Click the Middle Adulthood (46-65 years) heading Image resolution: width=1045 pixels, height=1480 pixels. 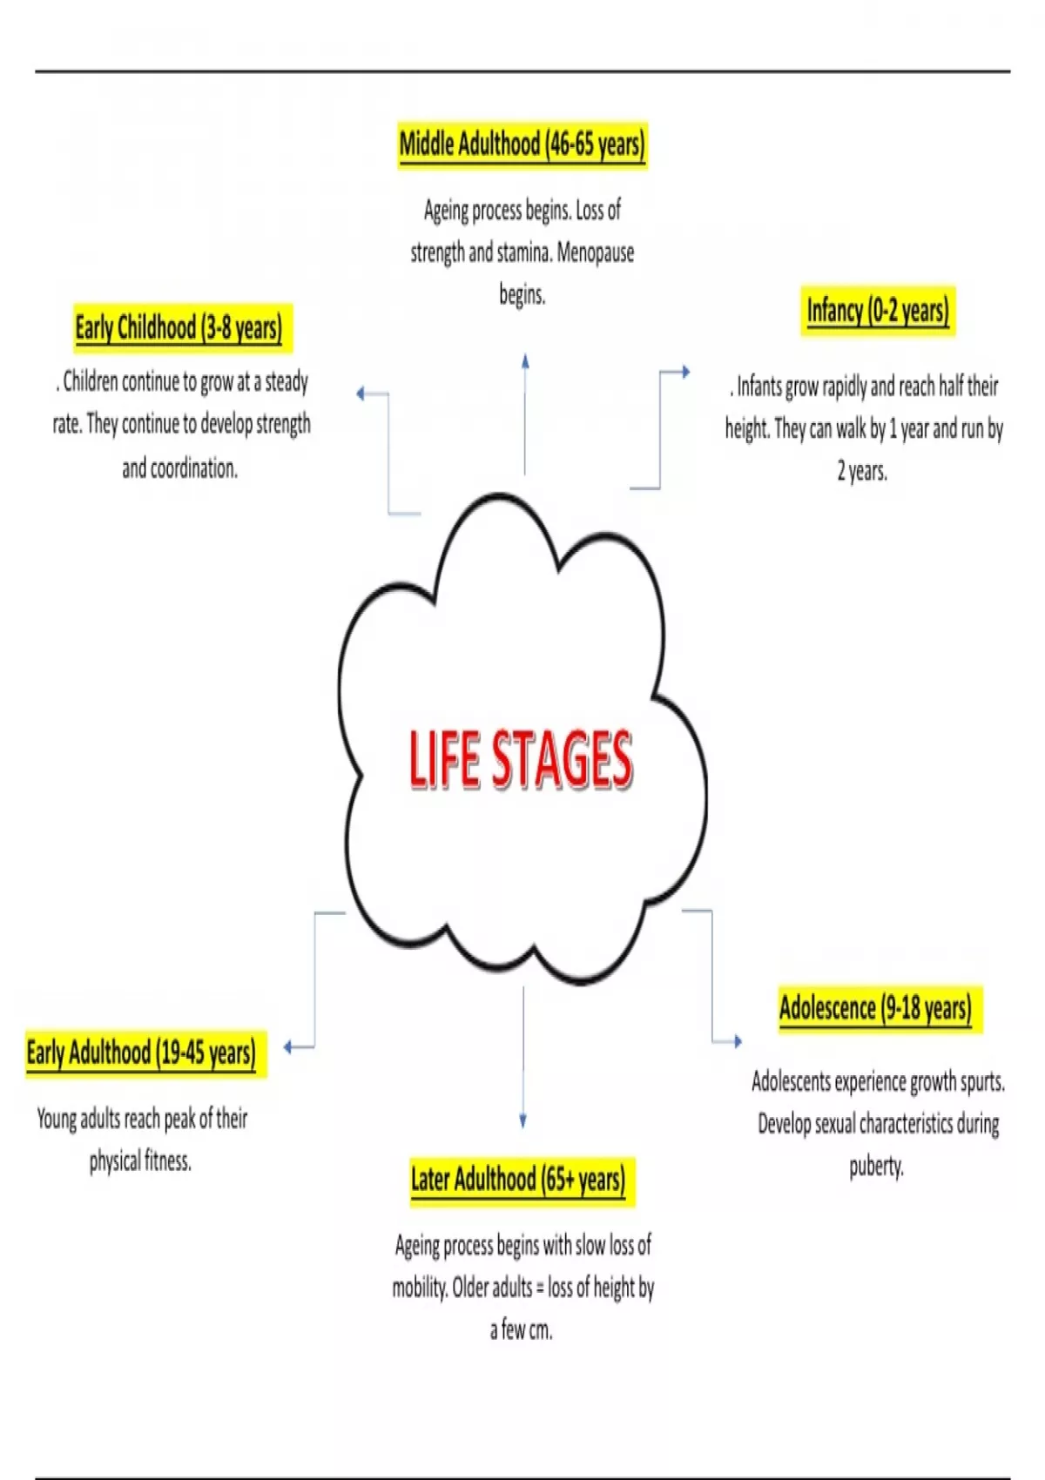pyautogui.click(x=522, y=145)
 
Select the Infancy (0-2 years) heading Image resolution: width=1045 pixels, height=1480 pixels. pyautogui.click(x=877, y=311)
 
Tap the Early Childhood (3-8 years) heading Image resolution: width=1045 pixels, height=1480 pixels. pyautogui.click(x=179, y=328)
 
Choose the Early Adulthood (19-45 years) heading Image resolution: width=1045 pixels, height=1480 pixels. pyautogui.click(x=141, y=1053)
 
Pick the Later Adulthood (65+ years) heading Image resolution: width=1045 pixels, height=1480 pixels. pyautogui.click(x=518, y=1181)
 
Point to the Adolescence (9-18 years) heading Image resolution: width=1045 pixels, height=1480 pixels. pyautogui.click(x=875, y=1009)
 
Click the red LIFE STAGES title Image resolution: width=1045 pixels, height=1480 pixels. pyautogui.click(x=521, y=760)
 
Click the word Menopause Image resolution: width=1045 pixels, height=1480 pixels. pyautogui.click(x=596, y=253)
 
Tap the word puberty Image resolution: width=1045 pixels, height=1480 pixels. pyautogui.click(x=876, y=1167)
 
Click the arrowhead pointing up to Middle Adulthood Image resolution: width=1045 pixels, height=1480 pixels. pyautogui.click(x=525, y=360)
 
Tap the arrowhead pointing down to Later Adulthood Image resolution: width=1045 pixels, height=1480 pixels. pyautogui.click(x=522, y=1121)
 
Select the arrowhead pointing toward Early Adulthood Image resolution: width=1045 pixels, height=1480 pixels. pyautogui.click(x=288, y=1046)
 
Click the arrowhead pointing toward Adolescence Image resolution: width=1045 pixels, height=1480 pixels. pyautogui.click(x=738, y=1041)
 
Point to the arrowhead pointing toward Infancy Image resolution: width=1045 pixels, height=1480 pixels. pyautogui.click(x=685, y=372)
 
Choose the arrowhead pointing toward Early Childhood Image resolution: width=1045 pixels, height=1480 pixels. pyautogui.click(x=361, y=394)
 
